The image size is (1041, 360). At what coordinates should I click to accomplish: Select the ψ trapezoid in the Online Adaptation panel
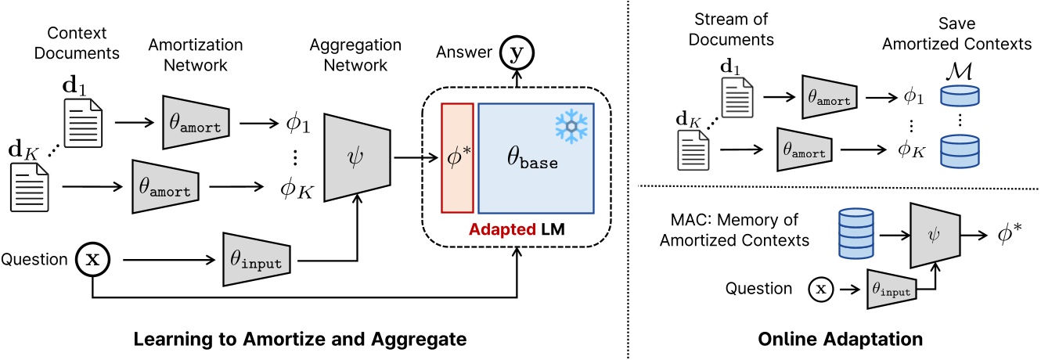tap(940, 234)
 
